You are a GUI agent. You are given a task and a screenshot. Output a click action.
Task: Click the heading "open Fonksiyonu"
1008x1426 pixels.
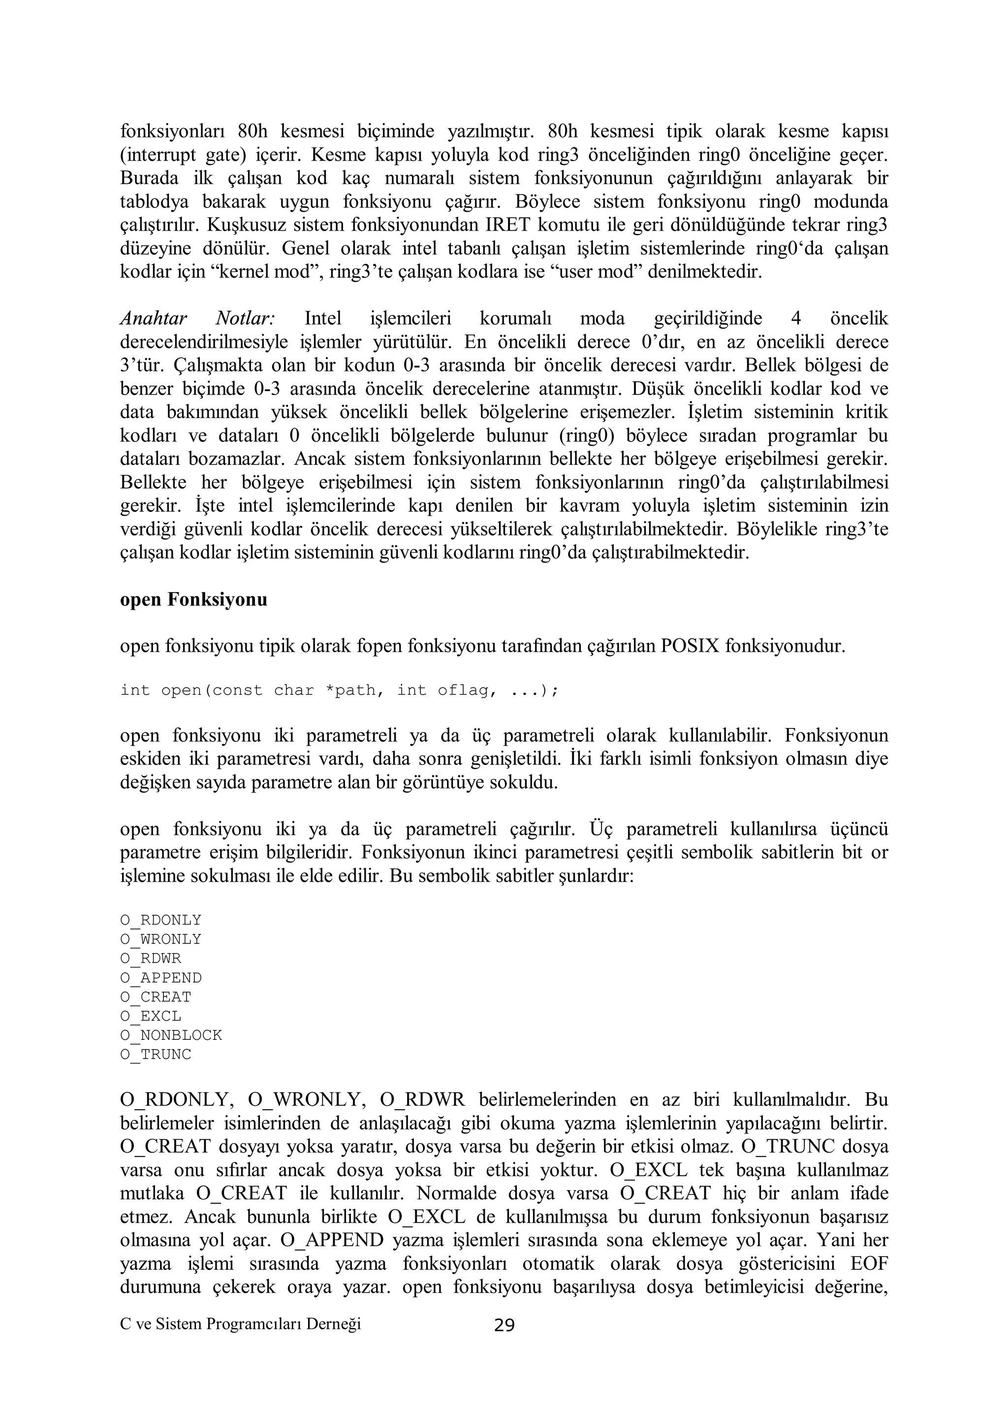(x=193, y=600)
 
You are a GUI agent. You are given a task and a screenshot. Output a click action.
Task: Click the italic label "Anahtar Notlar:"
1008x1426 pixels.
(x=197, y=319)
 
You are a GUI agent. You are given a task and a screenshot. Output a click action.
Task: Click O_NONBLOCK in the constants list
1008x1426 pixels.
(x=171, y=1035)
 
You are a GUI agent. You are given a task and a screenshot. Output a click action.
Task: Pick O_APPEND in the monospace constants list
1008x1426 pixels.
(x=161, y=978)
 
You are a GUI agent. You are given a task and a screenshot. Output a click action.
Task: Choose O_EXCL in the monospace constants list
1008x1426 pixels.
(x=150, y=1016)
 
